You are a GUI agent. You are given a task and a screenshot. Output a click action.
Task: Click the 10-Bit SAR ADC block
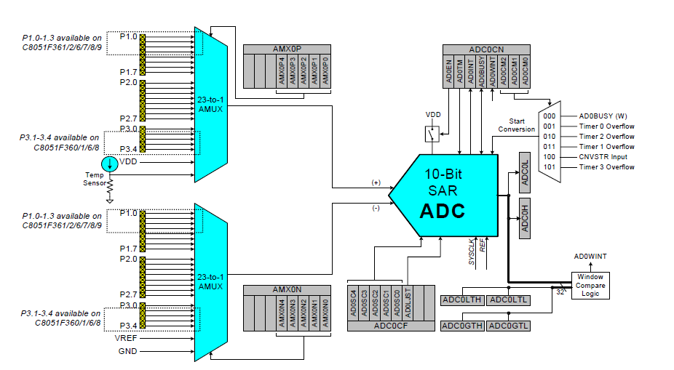(444, 195)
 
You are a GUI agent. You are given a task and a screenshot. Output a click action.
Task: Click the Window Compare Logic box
(590, 285)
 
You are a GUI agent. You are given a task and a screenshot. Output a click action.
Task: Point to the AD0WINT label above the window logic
(590, 257)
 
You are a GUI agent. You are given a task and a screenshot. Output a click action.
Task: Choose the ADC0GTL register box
(509, 326)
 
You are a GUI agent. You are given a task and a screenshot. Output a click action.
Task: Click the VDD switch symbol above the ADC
(432, 134)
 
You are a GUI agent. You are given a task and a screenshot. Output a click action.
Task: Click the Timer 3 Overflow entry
(606, 167)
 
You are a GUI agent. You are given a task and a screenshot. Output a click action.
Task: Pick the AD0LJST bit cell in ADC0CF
(408, 303)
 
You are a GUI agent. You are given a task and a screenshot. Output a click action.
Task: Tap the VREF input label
(125, 338)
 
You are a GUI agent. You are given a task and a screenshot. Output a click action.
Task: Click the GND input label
(127, 351)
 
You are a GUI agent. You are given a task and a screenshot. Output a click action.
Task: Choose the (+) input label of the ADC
(376, 182)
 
